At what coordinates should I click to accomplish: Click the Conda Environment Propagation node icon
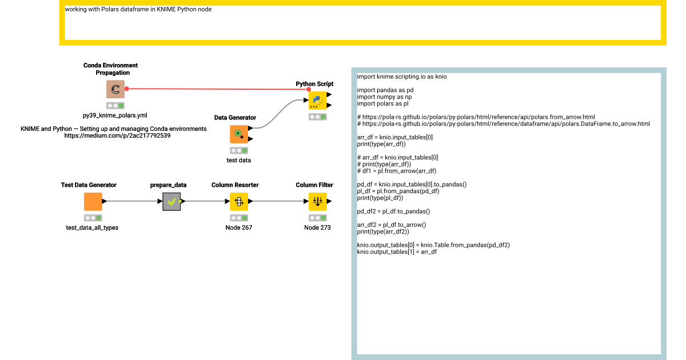point(115,89)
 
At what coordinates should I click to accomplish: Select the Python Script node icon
point(317,100)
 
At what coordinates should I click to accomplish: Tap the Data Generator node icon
point(238,134)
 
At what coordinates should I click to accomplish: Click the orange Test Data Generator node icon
point(93,202)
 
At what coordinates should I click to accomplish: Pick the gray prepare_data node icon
point(171,202)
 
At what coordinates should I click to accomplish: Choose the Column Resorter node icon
point(238,202)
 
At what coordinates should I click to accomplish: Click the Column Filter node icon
point(317,202)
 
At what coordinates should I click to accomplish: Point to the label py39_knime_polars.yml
point(115,115)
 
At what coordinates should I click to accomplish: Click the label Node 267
point(238,227)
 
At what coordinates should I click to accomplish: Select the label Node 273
point(317,227)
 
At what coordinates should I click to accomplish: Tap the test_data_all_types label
point(92,227)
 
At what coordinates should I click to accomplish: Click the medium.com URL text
point(117,136)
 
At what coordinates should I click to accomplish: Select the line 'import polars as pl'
point(382,103)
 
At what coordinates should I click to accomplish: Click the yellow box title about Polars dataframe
point(138,9)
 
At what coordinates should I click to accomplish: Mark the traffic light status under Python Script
point(317,117)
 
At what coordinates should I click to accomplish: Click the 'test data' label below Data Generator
point(238,160)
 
